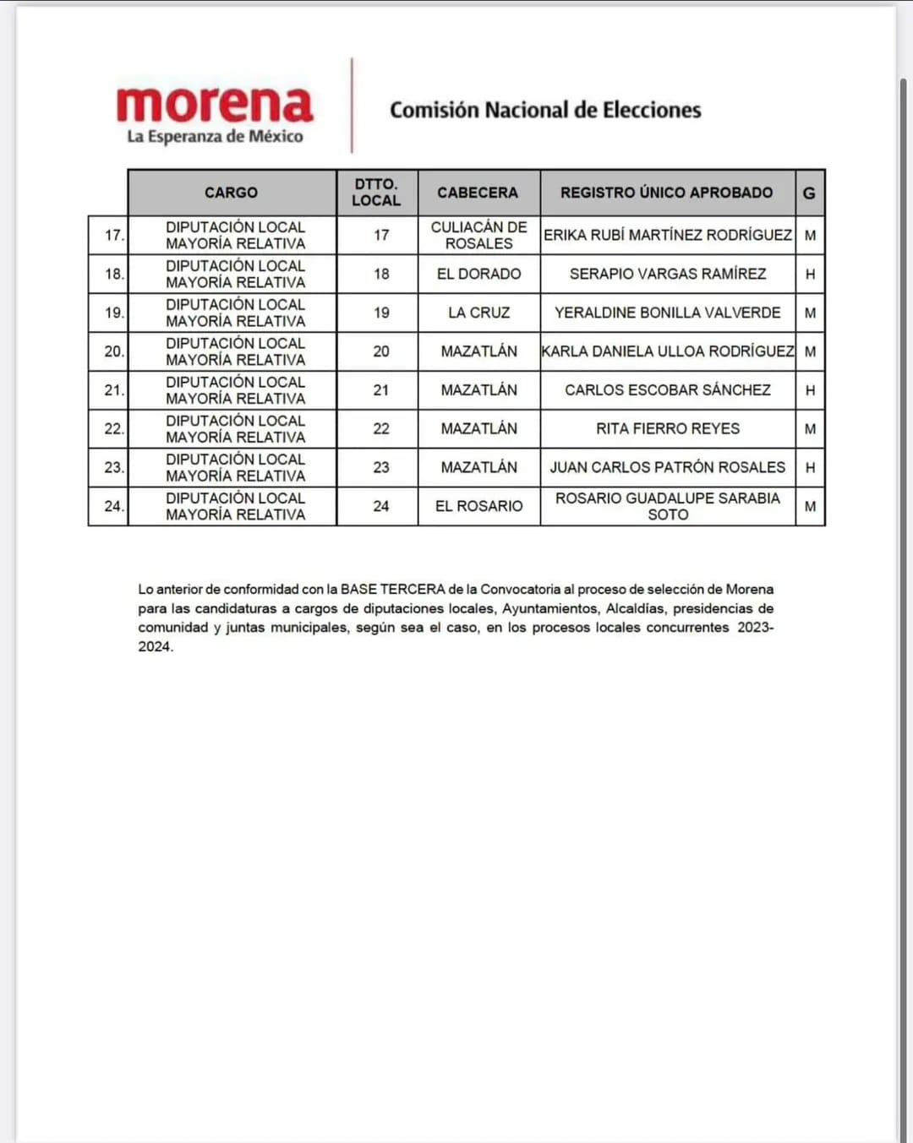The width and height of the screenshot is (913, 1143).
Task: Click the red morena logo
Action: pyautogui.click(x=215, y=105)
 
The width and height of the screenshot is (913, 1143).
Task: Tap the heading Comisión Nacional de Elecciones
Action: pyautogui.click(x=545, y=110)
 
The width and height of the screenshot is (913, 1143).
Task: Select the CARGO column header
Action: pyautogui.click(x=231, y=193)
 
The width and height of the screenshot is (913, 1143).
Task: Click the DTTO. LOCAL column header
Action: pyautogui.click(x=376, y=193)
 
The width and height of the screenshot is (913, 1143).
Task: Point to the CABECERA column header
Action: pyautogui.click(x=478, y=193)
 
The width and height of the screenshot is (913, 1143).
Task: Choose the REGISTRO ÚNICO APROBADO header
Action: pyautogui.click(x=666, y=193)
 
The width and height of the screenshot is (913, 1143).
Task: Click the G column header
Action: pyautogui.click(x=809, y=193)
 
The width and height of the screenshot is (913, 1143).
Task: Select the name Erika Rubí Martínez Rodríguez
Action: pyautogui.click(x=668, y=235)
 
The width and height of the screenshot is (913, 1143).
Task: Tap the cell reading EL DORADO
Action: pyautogui.click(x=478, y=274)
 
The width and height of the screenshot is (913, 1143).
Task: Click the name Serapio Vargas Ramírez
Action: pyautogui.click(x=668, y=274)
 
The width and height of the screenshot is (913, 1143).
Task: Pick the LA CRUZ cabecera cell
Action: pyautogui.click(x=478, y=313)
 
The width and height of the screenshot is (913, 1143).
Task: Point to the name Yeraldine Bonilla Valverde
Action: pyautogui.click(x=668, y=313)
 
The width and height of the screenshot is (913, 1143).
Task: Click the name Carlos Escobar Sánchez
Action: pyautogui.click(x=668, y=390)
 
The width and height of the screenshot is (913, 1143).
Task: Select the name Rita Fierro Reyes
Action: pyautogui.click(x=668, y=429)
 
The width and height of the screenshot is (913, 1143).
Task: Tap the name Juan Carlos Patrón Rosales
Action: pyautogui.click(x=668, y=467)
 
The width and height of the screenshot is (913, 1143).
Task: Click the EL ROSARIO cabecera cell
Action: pyautogui.click(x=478, y=506)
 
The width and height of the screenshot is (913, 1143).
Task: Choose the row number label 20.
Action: pyautogui.click(x=113, y=351)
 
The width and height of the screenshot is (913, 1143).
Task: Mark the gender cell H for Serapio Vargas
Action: pyautogui.click(x=810, y=275)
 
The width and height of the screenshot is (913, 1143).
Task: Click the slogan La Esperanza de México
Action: pyautogui.click(x=215, y=137)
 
